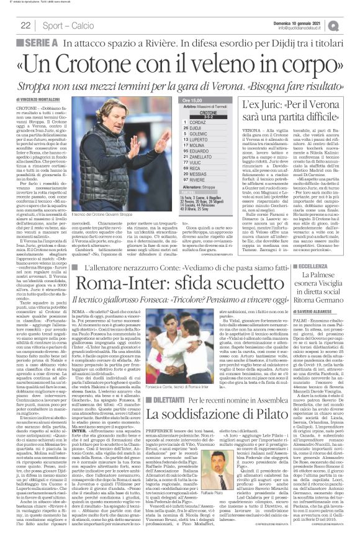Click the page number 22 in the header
point(25,25)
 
